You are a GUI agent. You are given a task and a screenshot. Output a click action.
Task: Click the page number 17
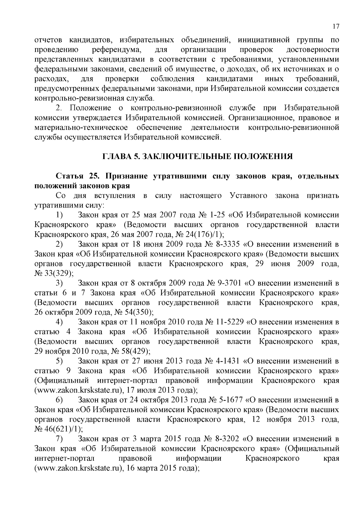click(336, 26)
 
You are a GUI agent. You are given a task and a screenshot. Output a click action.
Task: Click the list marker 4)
click(59, 322)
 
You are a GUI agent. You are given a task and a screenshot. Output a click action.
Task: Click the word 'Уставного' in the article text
click(248, 196)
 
